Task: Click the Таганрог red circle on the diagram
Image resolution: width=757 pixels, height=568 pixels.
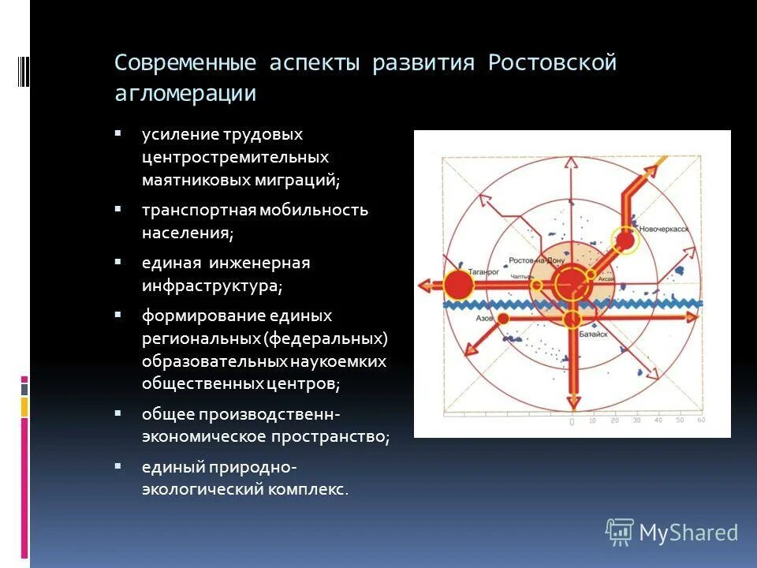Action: tap(457, 285)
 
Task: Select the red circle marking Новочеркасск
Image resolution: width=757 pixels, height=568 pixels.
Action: tap(625, 240)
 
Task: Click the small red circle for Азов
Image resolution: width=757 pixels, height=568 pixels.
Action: tap(502, 317)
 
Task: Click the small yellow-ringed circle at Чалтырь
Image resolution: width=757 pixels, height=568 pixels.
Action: tap(536, 285)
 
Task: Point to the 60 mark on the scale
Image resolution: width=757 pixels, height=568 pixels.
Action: tap(701, 420)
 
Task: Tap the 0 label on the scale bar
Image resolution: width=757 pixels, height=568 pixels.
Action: tap(571, 422)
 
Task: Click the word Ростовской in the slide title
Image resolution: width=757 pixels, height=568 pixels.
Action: tap(552, 63)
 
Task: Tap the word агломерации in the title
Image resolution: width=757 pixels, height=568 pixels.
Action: tap(185, 93)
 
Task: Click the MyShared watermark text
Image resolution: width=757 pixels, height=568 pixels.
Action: tap(688, 532)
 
